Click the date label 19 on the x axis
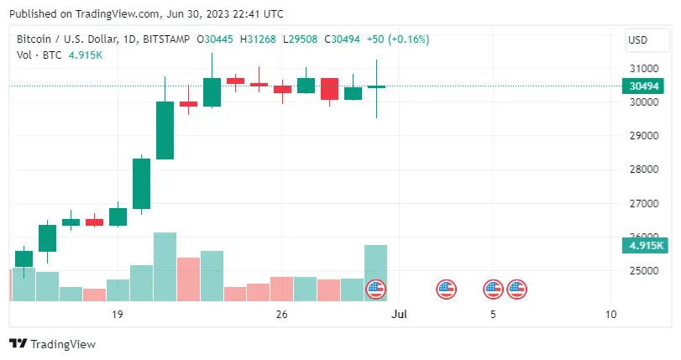[117, 315]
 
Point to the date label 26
[281, 315]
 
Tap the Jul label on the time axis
[400, 315]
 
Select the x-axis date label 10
[610, 315]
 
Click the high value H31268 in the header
[259, 39]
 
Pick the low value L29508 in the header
[301, 39]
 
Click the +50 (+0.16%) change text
[399, 39]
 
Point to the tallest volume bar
[165, 266]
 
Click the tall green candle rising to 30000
[165, 130]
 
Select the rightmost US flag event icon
[516, 290]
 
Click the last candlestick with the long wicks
[376, 86]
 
